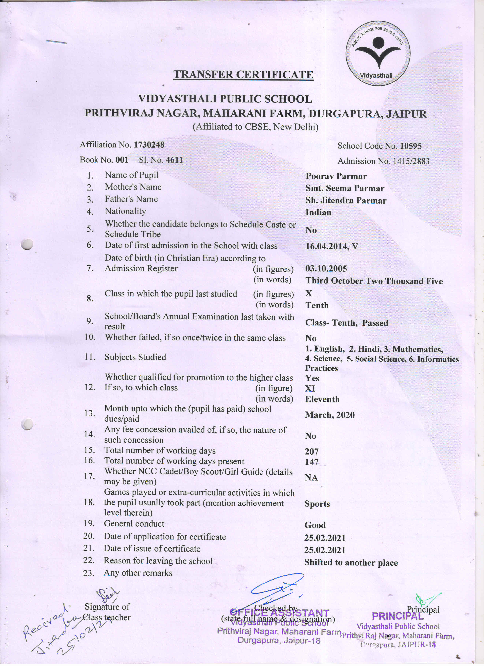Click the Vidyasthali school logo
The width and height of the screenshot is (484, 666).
tap(378, 53)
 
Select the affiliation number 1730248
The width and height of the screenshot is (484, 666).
tap(149, 145)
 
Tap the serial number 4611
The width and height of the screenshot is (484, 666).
tap(174, 160)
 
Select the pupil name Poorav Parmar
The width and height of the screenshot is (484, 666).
tap(336, 176)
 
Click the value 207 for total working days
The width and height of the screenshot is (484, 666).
tap(312, 451)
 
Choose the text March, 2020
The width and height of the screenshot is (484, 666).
tap(330, 415)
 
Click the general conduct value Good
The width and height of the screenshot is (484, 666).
tap(315, 525)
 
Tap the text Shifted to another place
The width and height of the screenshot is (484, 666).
tap(351, 563)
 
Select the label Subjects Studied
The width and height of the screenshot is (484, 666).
tap(135, 357)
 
